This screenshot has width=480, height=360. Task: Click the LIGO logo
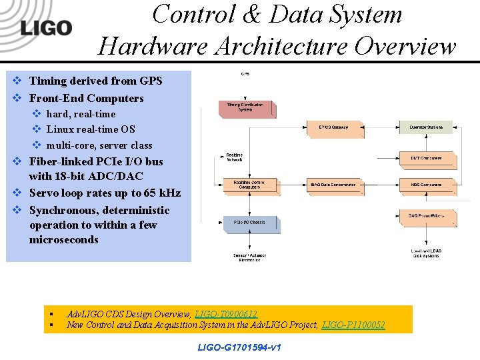[46, 27]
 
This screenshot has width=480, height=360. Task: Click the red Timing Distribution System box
[245, 108]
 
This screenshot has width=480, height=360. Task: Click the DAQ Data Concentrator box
[333, 185]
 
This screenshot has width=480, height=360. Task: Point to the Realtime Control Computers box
[249, 185]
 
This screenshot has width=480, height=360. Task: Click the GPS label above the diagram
[245, 73]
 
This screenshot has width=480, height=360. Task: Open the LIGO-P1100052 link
[353, 325]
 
